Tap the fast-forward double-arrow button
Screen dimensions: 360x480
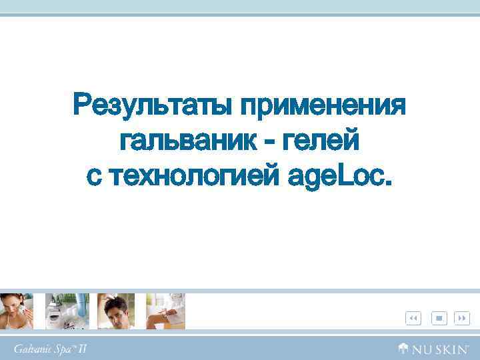(x=461, y=318)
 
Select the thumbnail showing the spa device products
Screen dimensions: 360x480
(x=67, y=311)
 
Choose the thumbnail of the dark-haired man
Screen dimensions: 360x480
(x=116, y=311)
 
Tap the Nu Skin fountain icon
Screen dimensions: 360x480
(x=403, y=347)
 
